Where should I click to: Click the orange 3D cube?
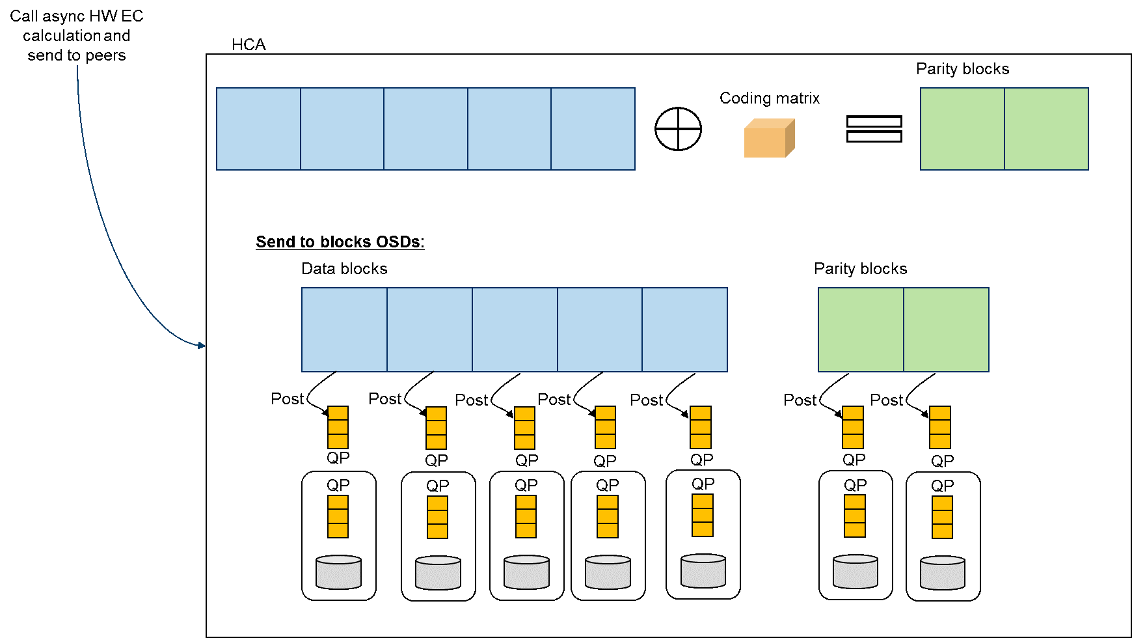768,139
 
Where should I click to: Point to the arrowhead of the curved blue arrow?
202,346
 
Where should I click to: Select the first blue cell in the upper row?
258,129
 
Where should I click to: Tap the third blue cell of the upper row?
425,129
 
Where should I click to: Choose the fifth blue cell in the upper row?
593,129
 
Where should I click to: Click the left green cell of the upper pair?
962,129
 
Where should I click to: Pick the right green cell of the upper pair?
1046,129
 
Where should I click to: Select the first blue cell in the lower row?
344,329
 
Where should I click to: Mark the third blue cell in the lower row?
515,329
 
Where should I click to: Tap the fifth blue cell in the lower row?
684,329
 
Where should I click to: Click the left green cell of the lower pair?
861,329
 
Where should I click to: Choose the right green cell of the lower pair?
946,329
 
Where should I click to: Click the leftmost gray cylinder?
338,572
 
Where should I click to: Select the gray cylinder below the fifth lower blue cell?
703,571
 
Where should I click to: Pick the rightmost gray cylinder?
943,573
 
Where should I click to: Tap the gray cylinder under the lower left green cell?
856,572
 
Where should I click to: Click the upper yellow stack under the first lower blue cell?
338,427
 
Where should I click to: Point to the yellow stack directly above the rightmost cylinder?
942,517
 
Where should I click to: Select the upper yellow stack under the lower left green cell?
853,427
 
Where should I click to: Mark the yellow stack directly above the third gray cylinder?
526,516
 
